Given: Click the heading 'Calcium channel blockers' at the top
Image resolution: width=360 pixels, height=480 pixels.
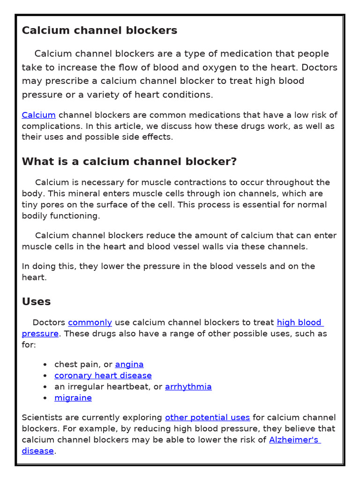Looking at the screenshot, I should [99, 30].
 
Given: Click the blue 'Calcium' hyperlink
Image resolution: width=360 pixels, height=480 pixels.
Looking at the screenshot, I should [39, 115].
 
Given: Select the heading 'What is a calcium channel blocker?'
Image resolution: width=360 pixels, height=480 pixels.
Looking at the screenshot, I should [129, 162].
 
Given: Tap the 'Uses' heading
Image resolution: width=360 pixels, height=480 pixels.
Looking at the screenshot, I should [36, 301].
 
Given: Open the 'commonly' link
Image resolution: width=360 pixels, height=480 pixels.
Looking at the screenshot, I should [90, 322].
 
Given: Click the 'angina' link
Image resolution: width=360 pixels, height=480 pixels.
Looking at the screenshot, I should [129, 364].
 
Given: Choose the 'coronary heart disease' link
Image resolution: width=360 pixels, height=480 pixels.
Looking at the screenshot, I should [103, 375].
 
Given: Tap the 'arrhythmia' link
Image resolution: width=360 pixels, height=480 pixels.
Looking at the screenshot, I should [188, 387].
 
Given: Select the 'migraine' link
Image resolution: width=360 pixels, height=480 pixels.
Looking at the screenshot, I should [73, 398].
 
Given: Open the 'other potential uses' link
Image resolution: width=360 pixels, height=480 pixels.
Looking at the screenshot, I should [208, 417].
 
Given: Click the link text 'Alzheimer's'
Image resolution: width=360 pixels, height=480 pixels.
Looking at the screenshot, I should [294, 440].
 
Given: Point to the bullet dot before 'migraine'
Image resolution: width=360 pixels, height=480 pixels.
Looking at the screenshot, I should [45, 398].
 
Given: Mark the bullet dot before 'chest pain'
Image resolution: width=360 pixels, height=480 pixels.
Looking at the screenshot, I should [45, 365].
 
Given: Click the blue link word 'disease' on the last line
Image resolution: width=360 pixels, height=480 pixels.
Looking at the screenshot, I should [38, 451].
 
